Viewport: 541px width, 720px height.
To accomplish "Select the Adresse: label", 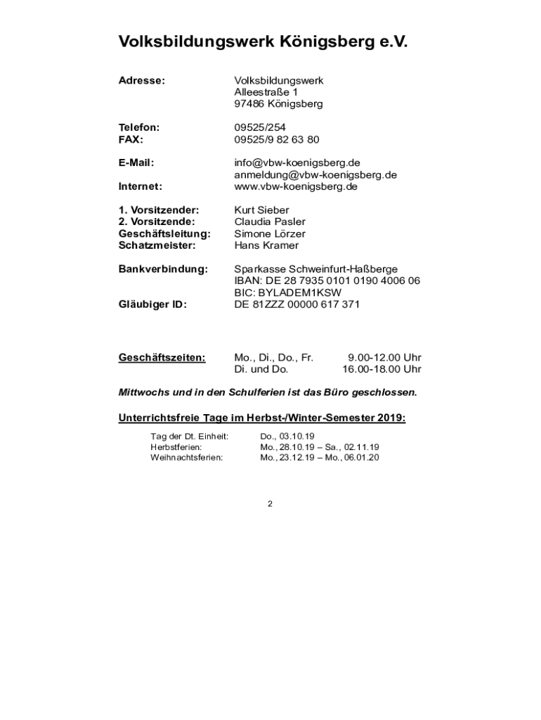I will pyautogui.click(x=141, y=81).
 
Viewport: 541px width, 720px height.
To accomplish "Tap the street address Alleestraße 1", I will pyautogui.click(x=266, y=92).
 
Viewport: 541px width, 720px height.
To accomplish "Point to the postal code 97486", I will pyautogui.click(x=249, y=104).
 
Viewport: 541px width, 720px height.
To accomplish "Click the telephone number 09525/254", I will pyautogui.click(x=260, y=127).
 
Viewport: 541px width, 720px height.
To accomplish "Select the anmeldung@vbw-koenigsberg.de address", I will pyautogui.click(x=315, y=174).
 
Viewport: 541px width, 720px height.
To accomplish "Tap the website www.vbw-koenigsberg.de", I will pyautogui.click(x=296, y=186).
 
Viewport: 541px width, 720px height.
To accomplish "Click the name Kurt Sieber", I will pyautogui.click(x=261, y=210).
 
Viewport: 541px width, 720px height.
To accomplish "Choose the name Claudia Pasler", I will pyautogui.click(x=270, y=222).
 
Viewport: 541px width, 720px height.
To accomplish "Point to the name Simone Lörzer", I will pyautogui.click(x=270, y=233).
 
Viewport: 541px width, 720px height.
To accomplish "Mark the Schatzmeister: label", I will pyautogui.click(x=157, y=245).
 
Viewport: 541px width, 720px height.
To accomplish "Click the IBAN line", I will pyautogui.click(x=327, y=281).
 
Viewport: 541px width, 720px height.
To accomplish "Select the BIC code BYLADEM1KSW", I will pyautogui.click(x=287, y=292).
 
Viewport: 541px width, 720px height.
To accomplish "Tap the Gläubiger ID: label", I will pyautogui.click(x=152, y=304).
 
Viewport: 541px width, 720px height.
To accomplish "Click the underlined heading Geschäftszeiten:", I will pyautogui.click(x=162, y=357).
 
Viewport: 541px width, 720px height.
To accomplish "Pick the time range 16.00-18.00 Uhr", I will pyautogui.click(x=382, y=369).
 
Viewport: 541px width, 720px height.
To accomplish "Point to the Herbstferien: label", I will pyautogui.click(x=176, y=446).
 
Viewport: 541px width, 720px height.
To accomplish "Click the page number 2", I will pyautogui.click(x=270, y=503).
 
